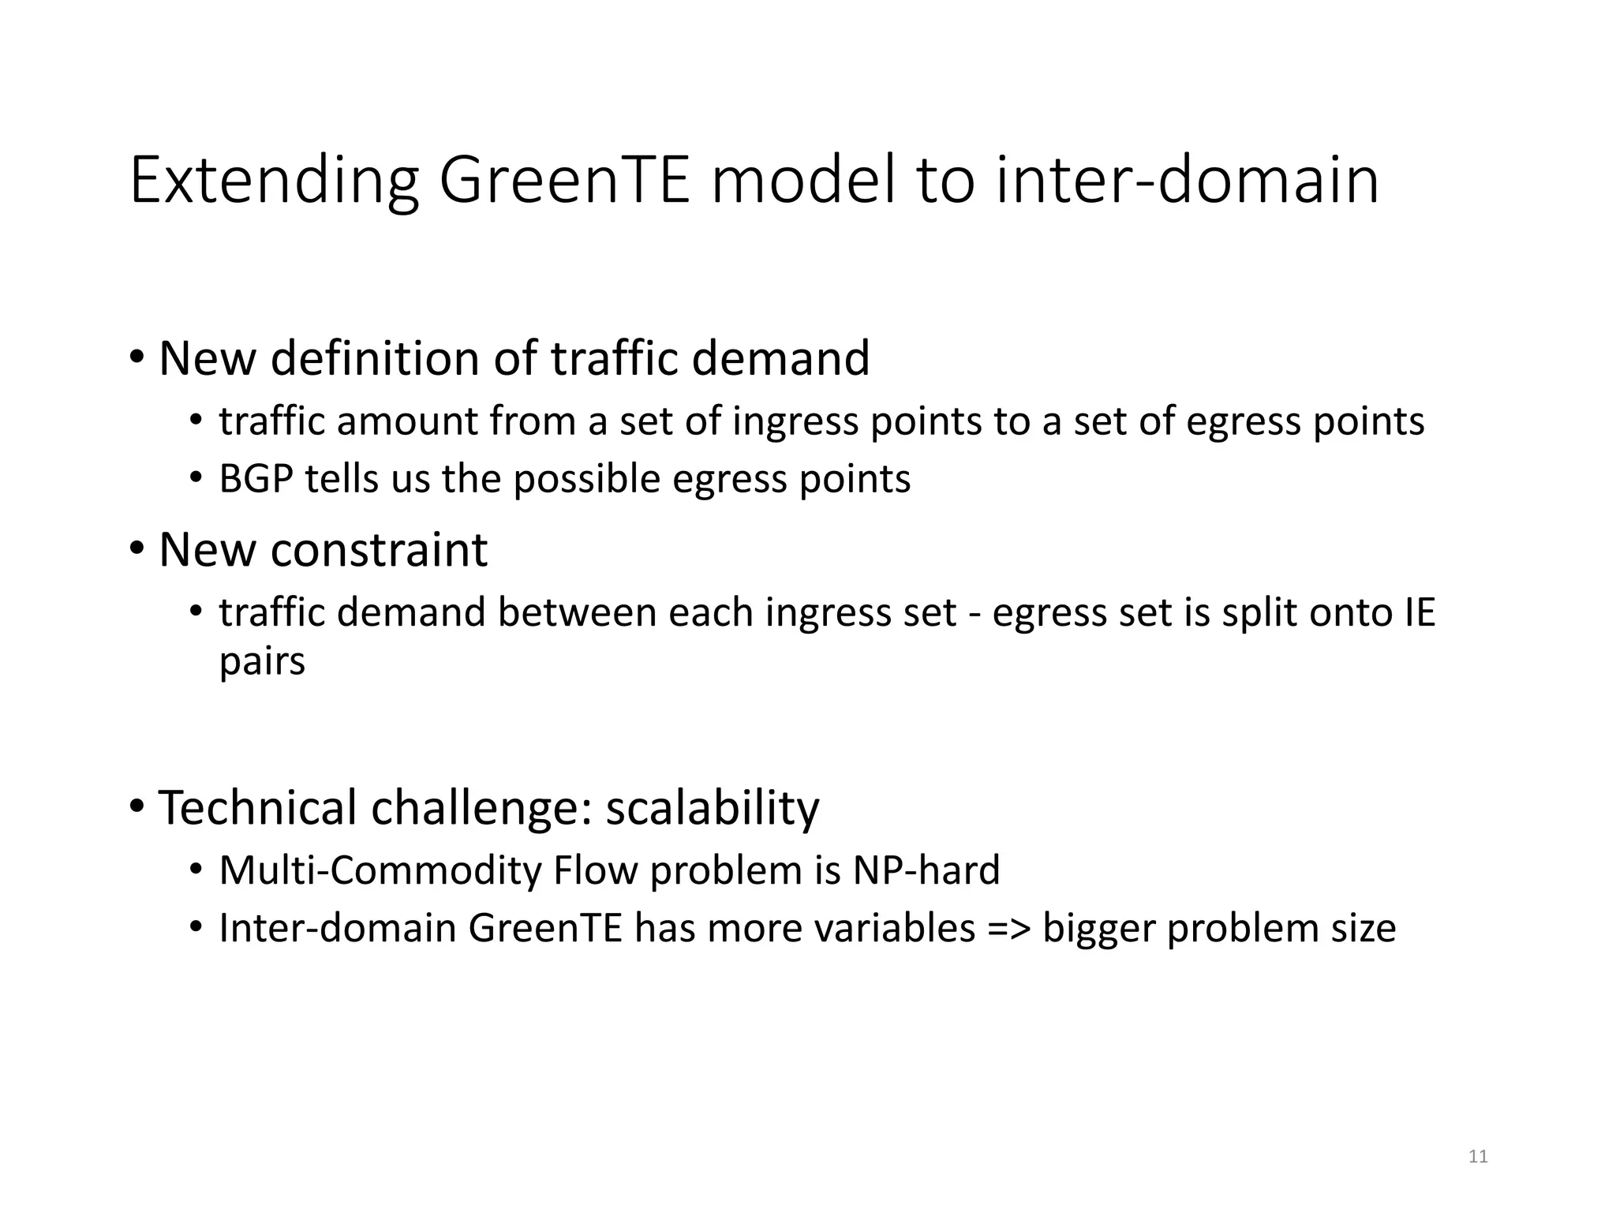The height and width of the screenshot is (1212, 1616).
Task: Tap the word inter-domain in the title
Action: [x=1187, y=181]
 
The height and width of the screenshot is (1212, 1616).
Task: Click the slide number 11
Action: [x=1478, y=1157]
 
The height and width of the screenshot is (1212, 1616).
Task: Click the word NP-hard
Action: [x=926, y=870]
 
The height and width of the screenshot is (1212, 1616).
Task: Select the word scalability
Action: [x=713, y=809]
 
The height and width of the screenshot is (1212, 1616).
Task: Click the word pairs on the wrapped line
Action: [x=262, y=661]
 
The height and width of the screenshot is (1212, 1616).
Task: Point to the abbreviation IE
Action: [x=1420, y=613]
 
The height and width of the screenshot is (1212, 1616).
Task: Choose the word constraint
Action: [x=379, y=550]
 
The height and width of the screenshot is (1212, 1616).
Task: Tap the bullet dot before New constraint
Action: [x=137, y=548]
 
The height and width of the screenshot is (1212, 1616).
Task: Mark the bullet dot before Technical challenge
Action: [x=137, y=806]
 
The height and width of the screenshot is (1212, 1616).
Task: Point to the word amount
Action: [x=407, y=421]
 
